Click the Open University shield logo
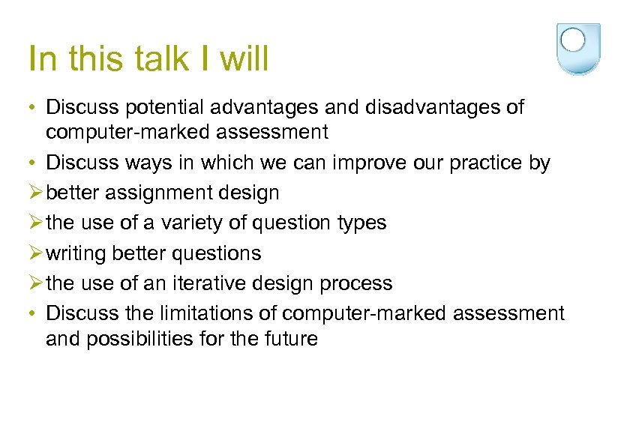pyautogui.click(x=578, y=48)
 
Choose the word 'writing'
pyautogui.click(x=76, y=253)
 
